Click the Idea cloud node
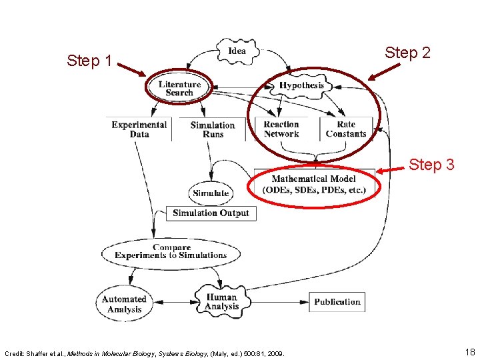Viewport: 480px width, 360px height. coord(236,51)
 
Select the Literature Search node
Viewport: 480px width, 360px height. coord(179,89)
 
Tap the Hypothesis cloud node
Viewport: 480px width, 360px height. coord(301,85)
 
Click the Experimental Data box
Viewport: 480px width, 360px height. coord(139,129)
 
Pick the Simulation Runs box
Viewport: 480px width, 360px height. coord(213,129)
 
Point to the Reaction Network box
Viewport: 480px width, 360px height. coord(281,129)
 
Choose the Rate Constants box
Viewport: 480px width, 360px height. coord(346,129)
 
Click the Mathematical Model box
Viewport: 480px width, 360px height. coord(315,185)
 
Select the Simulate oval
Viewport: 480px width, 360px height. coord(211,193)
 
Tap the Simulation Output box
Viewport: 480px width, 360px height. coord(211,213)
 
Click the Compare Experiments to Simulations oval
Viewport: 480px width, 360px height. coord(171,251)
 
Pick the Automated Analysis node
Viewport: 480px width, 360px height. coord(124,304)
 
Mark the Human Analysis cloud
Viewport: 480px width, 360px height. coord(222,301)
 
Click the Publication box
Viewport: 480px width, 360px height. coord(337,302)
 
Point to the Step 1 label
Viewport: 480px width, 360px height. coord(89,61)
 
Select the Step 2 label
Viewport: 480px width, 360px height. coord(408,53)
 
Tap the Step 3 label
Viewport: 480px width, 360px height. coord(431,164)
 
